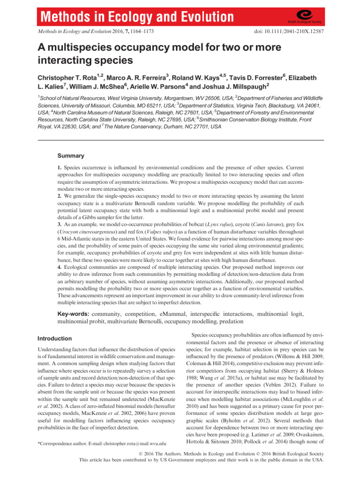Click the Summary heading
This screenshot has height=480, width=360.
tap(70, 155)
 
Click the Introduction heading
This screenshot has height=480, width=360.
tap(54, 338)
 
